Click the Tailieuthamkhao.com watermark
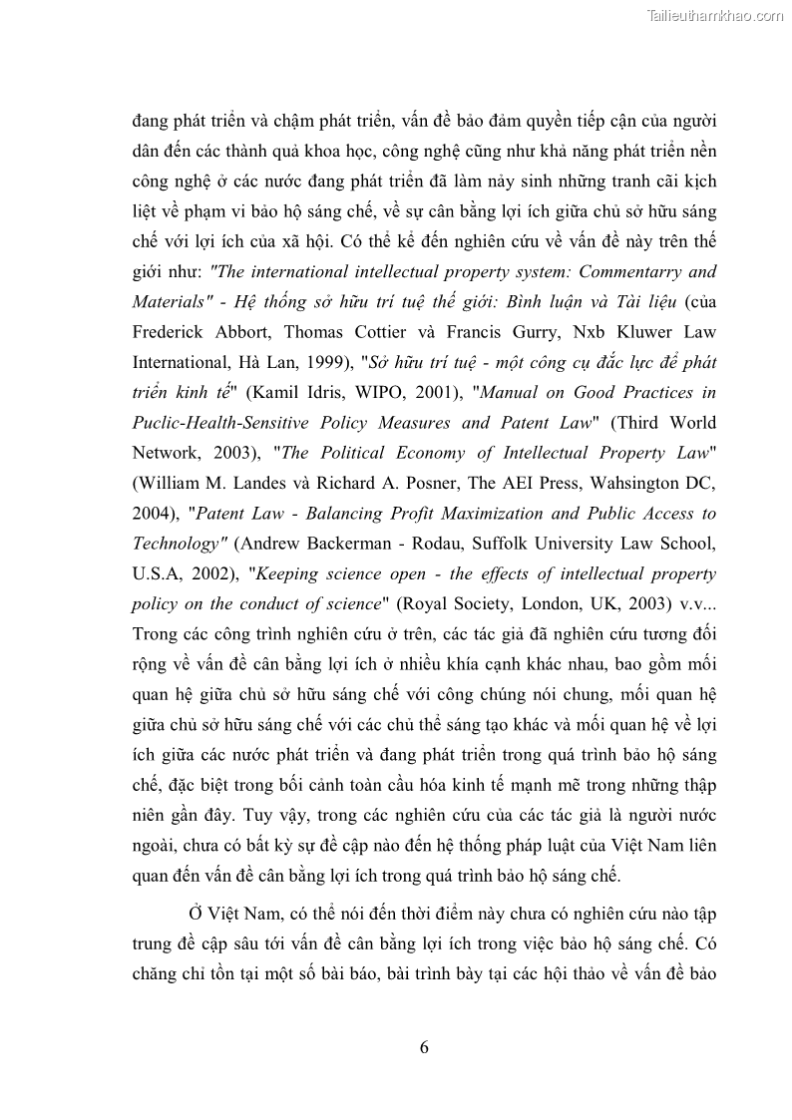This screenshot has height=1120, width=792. point(715,15)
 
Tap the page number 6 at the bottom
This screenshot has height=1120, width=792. point(424,1046)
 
